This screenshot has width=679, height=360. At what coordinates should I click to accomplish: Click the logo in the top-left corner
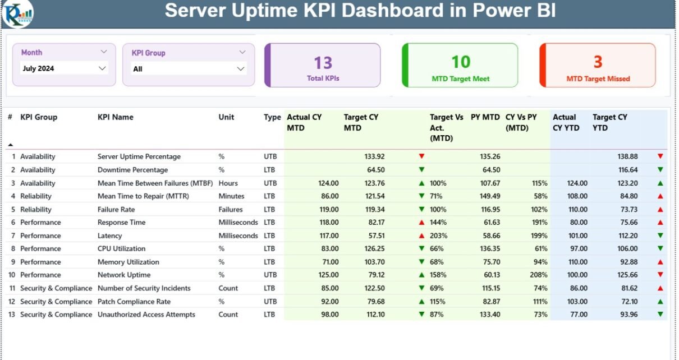(17, 13)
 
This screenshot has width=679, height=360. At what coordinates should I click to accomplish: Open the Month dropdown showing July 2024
(63, 68)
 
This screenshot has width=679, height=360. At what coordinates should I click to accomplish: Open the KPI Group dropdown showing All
(189, 69)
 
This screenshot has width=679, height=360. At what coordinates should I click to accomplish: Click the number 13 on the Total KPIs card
(323, 62)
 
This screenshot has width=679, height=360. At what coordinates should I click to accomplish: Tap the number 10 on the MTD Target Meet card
(461, 62)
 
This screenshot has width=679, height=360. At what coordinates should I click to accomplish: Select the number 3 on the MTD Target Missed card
(598, 62)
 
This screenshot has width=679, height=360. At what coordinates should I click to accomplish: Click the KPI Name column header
(116, 117)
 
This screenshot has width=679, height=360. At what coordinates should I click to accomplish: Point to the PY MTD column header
(485, 117)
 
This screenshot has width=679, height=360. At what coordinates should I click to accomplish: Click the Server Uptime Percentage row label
(139, 156)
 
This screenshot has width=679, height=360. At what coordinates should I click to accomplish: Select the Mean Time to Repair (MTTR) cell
(143, 196)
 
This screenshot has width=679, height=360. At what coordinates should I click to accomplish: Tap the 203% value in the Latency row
(438, 236)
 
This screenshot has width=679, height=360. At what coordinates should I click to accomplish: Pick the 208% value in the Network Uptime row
(538, 275)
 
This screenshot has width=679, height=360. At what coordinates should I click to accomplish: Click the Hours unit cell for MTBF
(228, 183)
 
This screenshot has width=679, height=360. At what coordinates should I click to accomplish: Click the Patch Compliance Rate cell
(134, 301)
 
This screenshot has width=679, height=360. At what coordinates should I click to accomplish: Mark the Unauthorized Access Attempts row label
(146, 315)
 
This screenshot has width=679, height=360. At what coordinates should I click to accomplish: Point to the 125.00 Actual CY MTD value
(327, 275)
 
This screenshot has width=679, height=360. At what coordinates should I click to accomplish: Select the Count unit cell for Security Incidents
(228, 288)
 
